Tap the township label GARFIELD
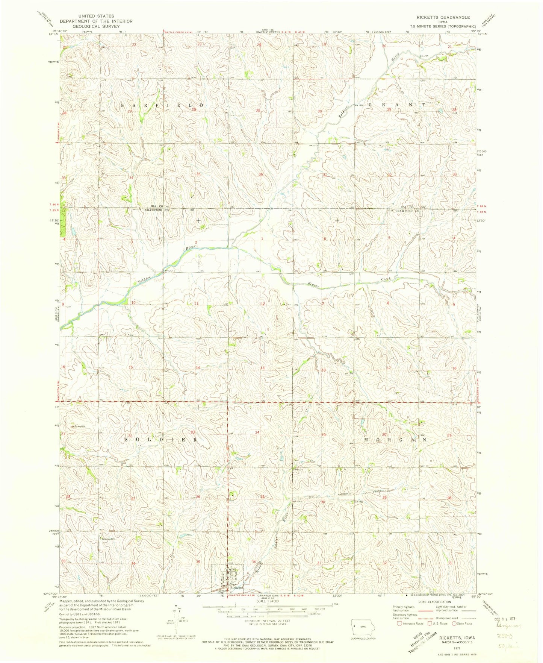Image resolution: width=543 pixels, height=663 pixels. click(x=162, y=105)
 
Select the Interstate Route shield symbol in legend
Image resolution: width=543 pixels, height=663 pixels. click(x=399, y=624)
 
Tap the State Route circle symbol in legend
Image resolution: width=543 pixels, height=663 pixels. click(x=454, y=624)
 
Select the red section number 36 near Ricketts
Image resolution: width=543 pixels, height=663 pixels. click(x=254, y=562)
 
